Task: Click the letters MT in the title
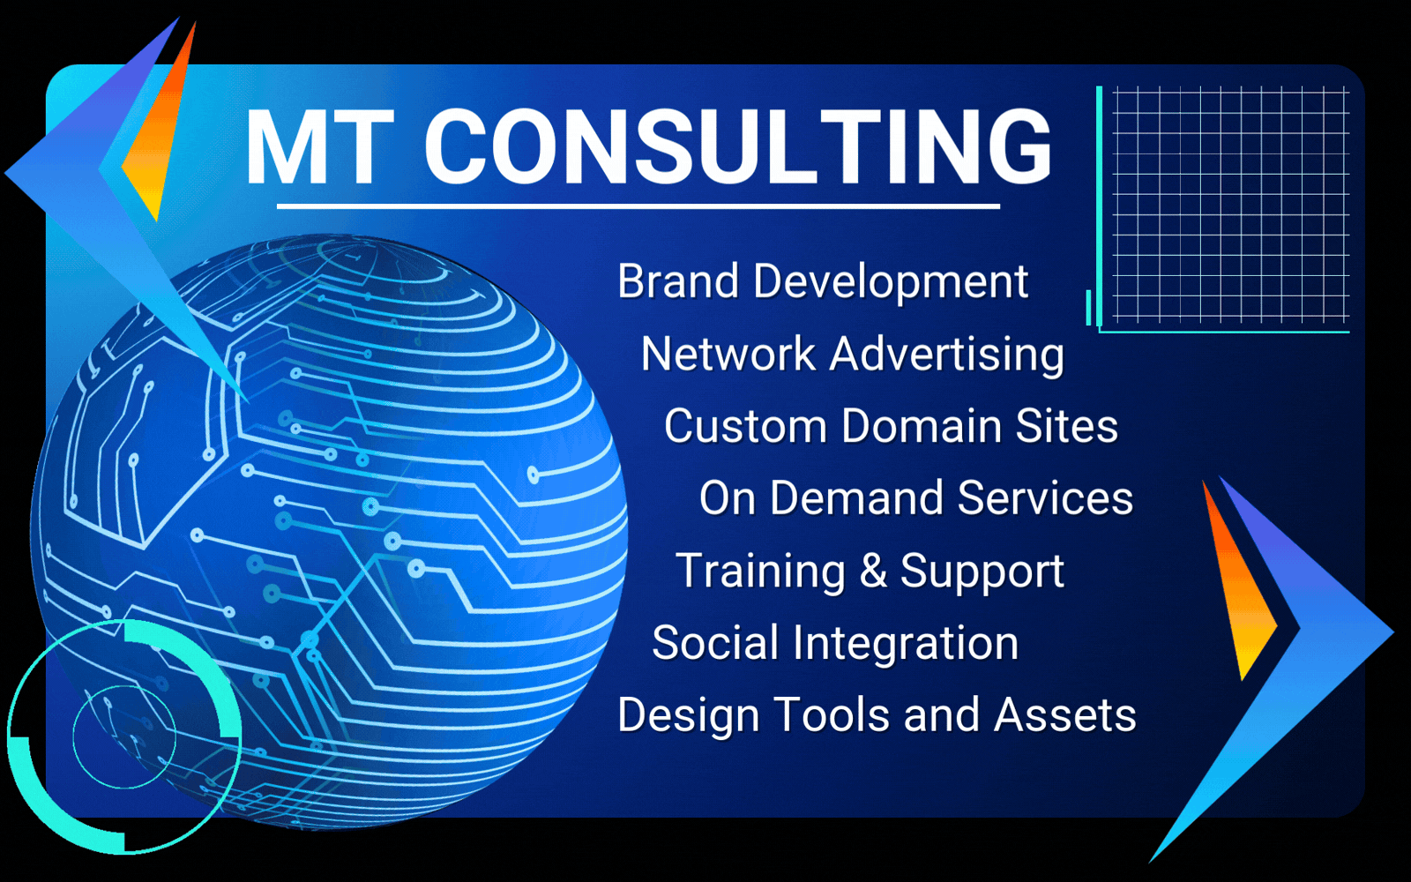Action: coord(321,146)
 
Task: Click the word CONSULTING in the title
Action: coord(738,146)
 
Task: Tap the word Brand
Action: coord(678,281)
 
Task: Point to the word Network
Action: coord(728,354)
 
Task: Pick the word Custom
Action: coord(745,426)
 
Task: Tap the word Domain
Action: coord(921,426)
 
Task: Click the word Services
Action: coord(1045,497)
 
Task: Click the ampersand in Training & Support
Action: coord(873,570)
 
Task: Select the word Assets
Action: coord(1065,715)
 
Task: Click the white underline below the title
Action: coord(638,206)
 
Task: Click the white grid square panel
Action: coord(1231,205)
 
